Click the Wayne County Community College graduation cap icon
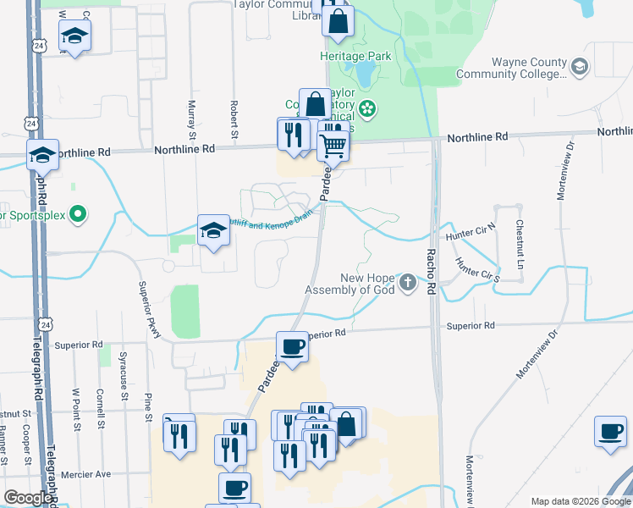[580, 67]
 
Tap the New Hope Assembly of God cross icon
[408, 282]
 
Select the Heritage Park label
[348, 56]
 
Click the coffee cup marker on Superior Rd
[293, 347]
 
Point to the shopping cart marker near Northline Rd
[333, 146]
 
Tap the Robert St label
[233, 118]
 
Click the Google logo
[29, 498]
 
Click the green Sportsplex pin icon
[78, 214]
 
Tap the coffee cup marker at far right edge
[609, 432]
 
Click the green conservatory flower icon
[366, 108]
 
